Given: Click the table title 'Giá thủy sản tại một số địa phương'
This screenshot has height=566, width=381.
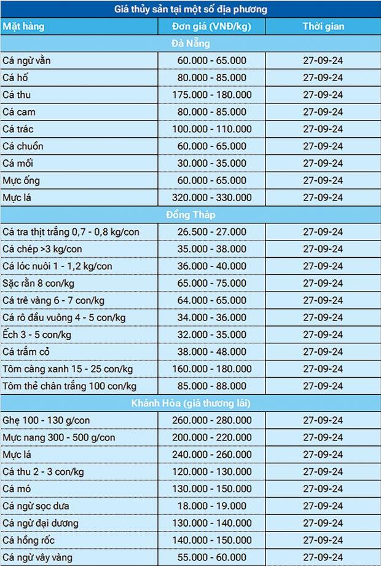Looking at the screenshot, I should click(x=190, y=9).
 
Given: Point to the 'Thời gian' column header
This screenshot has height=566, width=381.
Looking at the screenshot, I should click(x=323, y=26).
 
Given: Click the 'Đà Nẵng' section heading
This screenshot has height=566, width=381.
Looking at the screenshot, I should click(x=190, y=44).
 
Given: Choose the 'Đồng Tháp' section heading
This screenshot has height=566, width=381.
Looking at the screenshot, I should click(x=190, y=215).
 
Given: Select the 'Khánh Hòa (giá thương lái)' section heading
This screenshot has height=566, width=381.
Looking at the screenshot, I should click(x=190, y=403).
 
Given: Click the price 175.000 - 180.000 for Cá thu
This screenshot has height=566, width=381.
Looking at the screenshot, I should click(x=212, y=95).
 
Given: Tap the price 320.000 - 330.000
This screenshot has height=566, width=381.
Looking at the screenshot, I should click(x=212, y=197).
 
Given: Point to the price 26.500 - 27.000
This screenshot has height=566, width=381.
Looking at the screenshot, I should click(x=212, y=232).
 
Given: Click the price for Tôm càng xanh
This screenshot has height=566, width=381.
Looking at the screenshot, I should click(x=212, y=369).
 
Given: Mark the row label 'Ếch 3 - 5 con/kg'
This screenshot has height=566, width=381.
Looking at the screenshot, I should click(x=37, y=335).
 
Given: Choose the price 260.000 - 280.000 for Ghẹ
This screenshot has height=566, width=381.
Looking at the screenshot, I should click(x=212, y=420).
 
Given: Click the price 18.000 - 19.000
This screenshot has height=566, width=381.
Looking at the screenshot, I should click(x=212, y=506).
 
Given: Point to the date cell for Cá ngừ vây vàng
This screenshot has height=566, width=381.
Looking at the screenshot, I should click(x=323, y=557).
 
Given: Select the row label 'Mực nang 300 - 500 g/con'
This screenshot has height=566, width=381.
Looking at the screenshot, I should click(x=58, y=437).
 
